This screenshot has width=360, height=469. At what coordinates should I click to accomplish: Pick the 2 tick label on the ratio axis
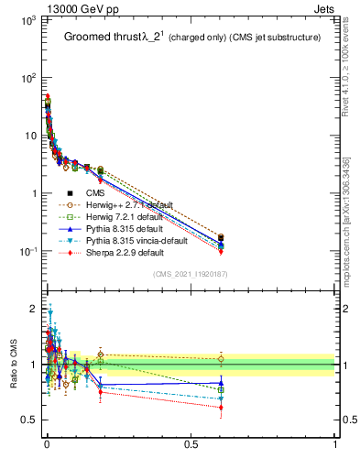[33, 308]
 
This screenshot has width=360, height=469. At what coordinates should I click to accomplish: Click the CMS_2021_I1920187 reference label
[191, 274]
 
